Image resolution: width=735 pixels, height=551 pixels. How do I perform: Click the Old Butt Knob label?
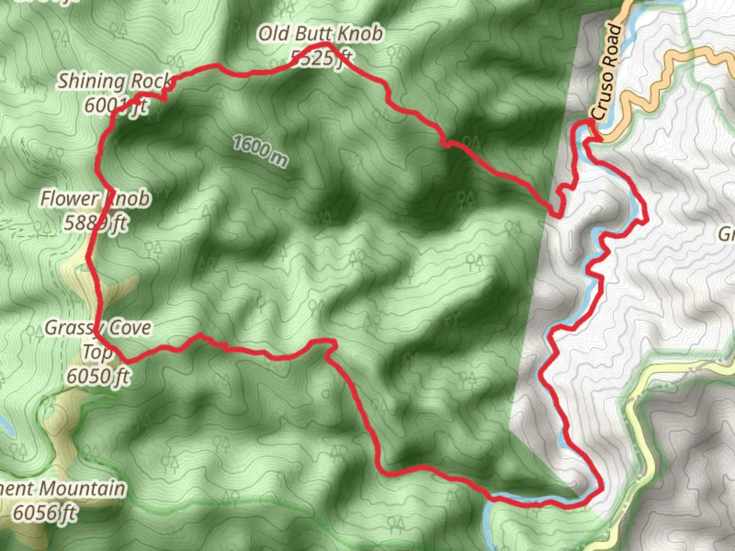(321, 34)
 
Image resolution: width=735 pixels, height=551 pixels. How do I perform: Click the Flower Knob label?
(96, 198)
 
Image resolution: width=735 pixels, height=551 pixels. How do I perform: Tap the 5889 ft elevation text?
(96, 223)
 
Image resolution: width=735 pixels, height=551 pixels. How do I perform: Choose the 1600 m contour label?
(260, 151)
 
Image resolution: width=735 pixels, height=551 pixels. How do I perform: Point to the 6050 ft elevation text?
(98, 377)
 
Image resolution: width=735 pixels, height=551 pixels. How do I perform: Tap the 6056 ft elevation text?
(45, 512)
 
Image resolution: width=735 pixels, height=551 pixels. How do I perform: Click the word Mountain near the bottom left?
(83, 489)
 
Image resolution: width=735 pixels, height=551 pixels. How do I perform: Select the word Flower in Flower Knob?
(69, 198)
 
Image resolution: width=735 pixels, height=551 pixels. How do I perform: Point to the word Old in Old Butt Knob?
(274, 34)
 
